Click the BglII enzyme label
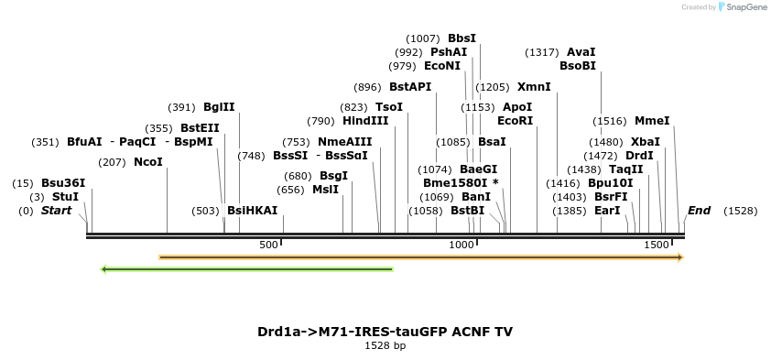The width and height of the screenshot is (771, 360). (x=219, y=107)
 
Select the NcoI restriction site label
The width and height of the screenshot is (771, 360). (x=148, y=162)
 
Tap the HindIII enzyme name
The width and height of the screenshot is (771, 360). (x=365, y=121)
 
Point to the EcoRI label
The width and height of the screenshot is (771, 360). (x=515, y=121)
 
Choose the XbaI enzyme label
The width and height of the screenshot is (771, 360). (x=645, y=142)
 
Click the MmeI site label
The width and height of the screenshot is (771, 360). (x=652, y=121)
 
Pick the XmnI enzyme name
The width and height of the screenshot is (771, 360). (x=534, y=87)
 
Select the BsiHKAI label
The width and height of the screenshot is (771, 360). (x=252, y=211)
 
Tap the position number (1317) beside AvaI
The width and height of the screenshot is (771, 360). (x=542, y=52)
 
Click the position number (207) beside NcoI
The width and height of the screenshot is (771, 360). (x=112, y=162)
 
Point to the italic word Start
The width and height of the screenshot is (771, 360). (x=56, y=211)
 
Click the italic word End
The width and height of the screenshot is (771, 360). (x=699, y=211)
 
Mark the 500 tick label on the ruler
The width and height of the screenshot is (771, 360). (x=268, y=245)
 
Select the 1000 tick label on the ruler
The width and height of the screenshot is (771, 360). (x=462, y=245)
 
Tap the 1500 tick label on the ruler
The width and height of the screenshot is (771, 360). (x=657, y=245)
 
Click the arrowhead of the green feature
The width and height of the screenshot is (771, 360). (x=104, y=269)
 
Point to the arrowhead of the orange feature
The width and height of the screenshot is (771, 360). (x=679, y=257)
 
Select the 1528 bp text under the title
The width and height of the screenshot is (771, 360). (x=385, y=346)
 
